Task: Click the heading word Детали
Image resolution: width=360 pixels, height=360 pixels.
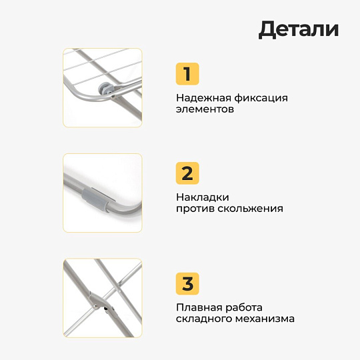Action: [x=299, y=29]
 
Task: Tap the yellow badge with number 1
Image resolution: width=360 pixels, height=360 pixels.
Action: [x=187, y=74]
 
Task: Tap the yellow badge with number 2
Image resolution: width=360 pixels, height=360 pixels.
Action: [x=187, y=173]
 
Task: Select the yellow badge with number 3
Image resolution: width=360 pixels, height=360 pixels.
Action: [x=187, y=283]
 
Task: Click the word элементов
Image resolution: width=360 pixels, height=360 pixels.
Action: [x=205, y=110]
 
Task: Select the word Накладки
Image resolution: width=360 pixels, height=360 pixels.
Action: [x=203, y=197]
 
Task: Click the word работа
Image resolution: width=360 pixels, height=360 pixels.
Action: [x=244, y=307]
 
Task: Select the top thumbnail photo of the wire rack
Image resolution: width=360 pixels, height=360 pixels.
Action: [x=102, y=87]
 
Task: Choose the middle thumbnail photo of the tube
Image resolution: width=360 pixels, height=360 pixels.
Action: [x=102, y=193]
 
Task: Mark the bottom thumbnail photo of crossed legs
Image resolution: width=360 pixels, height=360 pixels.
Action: [x=102, y=298]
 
